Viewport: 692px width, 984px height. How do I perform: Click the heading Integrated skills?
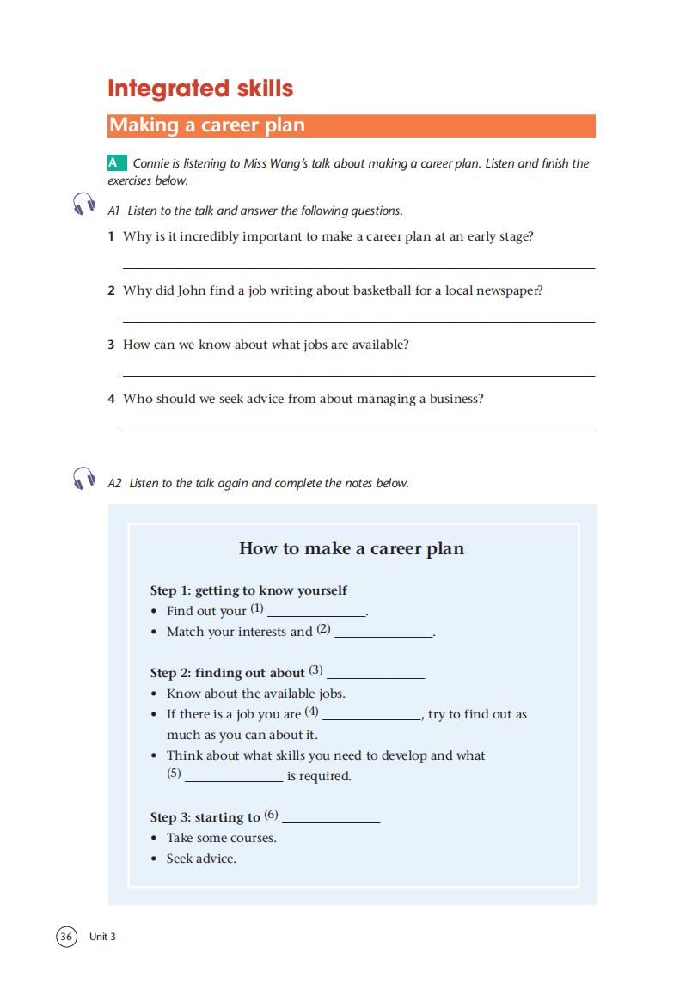coord(200,89)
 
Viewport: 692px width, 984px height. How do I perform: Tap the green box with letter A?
coord(113,162)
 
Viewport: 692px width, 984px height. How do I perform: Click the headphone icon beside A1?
coord(83,205)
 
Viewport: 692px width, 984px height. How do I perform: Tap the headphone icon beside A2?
coord(83,478)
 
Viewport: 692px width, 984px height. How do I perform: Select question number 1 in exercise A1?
coord(112,236)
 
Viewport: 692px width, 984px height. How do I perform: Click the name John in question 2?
coord(192,290)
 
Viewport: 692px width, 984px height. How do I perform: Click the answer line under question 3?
coord(358,376)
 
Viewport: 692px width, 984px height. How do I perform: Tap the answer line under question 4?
coord(358,430)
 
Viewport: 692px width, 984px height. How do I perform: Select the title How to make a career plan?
coord(351,548)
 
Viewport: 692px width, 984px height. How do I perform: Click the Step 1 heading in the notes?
coord(248,590)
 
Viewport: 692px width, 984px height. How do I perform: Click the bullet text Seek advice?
coord(201,859)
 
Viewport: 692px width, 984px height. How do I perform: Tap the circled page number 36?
coord(67,937)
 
